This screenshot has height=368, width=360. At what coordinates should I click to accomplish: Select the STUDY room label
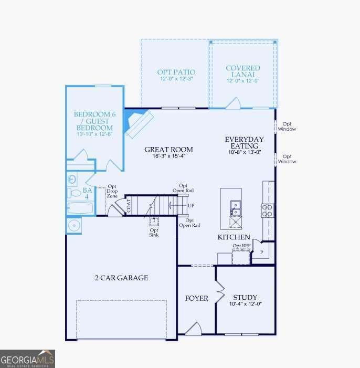pyautogui.click(x=245, y=297)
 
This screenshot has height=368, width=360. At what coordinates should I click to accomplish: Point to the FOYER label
pyautogui.click(x=197, y=298)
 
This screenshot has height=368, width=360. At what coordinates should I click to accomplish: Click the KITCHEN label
pyautogui.click(x=234, y=237)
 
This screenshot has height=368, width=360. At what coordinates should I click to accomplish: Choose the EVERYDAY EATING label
pyautogui.click(x=244, y=143)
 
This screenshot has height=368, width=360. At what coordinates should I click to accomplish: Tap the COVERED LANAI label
pyautogui.click(x=243, y=72)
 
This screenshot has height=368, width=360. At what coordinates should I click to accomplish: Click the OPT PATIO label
pyautogui.click(x=176, y=72)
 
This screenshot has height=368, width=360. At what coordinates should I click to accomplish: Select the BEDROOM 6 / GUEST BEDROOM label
pyautogui.click(x=93, y=121)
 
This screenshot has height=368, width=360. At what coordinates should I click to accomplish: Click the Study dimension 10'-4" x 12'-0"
pyautogui.click(x=245, y=304)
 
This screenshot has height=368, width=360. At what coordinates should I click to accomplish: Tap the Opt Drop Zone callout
pyautogui.click(x=112, y=191)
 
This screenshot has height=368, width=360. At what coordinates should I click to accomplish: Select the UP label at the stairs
pyautogui.click(x=191, y=205)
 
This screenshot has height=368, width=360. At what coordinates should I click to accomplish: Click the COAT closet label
pyautogui.click(x=128, y=206)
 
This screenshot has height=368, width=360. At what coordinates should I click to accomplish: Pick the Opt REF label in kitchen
pyautogui.click(x=241, y=246)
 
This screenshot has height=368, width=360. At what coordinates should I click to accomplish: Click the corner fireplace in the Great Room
pyautogui.click(x=137, y=124)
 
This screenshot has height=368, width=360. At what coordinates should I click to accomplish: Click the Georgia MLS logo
pyautogui.click(x=27, y=359)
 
